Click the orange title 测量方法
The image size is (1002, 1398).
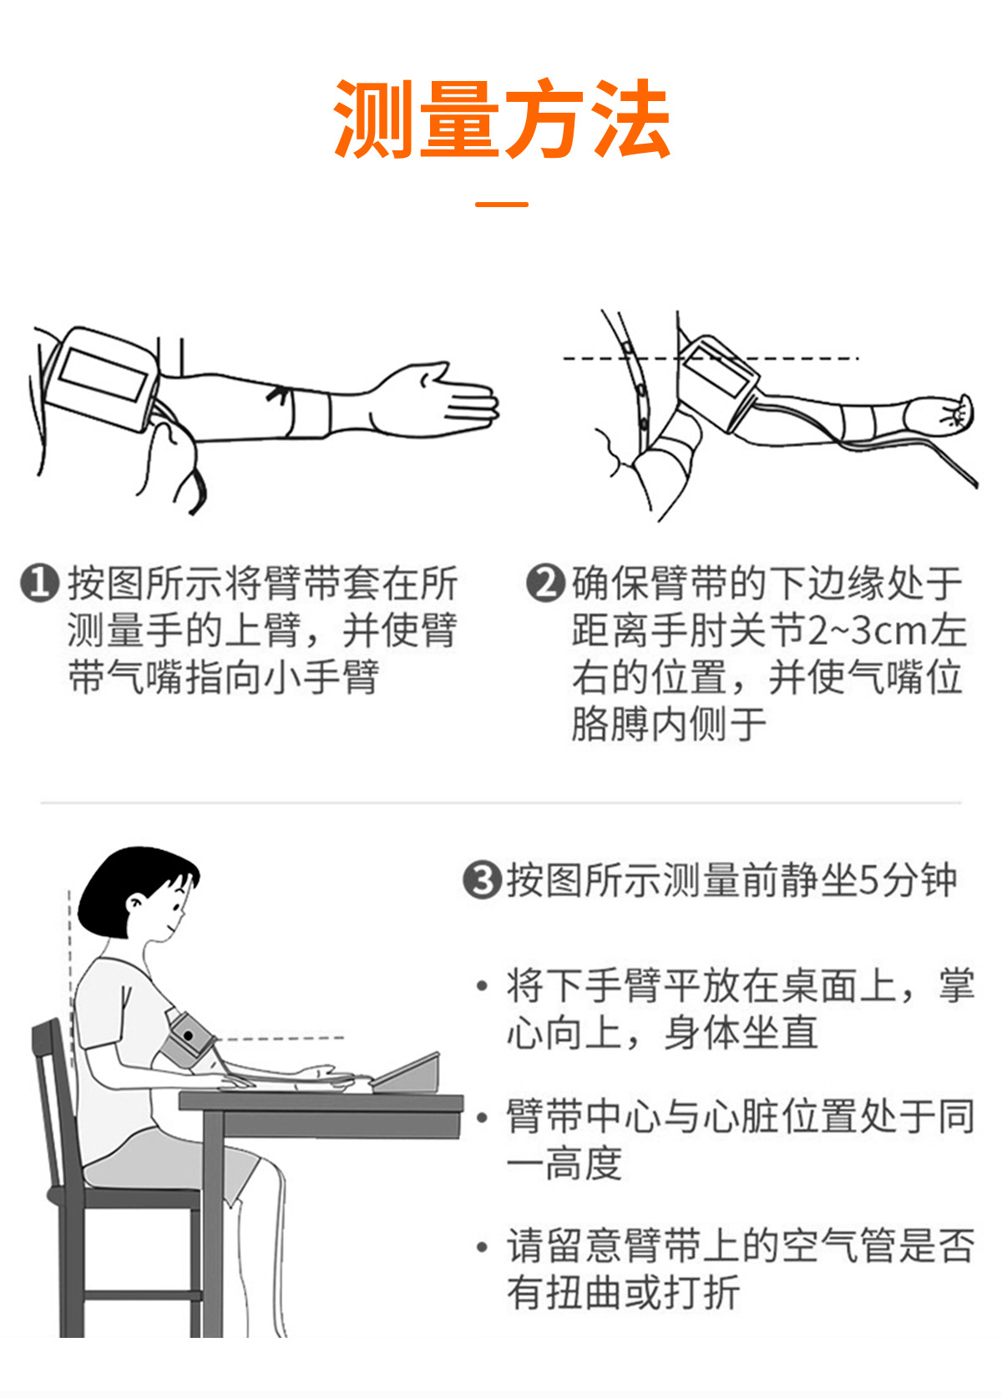click(x=501, y=119)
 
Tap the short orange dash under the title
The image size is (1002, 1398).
click(x=501, y=204)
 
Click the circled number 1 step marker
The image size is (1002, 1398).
click(x=39, y=582)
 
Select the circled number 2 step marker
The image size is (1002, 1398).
click(x=545, y=582)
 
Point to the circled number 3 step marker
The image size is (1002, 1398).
click(x=482, y=880)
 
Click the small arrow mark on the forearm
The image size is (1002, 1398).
click(x=279, y=393)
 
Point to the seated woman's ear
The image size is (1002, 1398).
click(x=134, y=903)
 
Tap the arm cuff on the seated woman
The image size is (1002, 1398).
click(x=188, y=1040)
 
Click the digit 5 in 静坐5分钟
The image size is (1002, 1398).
click(x=868, y=880)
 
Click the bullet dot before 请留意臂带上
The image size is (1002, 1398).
click(x=482, y=1247)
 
